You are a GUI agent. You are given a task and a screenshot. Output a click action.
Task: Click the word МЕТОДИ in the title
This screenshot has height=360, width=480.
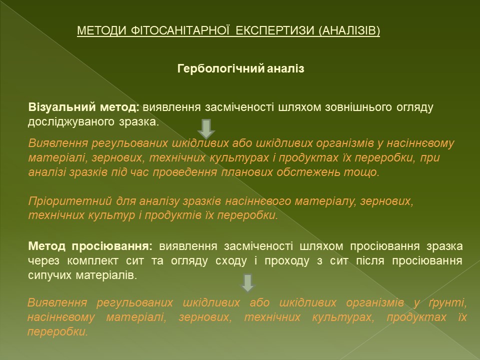click(x=101, y=30)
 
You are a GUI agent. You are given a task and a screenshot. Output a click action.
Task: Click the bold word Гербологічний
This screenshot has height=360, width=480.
click(x=220, y=68)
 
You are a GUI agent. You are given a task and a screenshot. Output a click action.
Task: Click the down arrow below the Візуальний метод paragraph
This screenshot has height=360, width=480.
click(x=206, y=129)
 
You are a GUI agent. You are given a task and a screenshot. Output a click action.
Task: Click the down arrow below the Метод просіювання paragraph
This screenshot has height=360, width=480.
click(x=247, y=283)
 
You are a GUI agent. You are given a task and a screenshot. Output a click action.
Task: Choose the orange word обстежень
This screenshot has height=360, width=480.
click(x=308, y=172)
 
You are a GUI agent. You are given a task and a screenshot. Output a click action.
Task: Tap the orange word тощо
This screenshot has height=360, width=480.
click(x=362, y=172)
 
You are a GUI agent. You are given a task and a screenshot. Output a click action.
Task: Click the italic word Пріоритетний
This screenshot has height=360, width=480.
click(x=70, y=201)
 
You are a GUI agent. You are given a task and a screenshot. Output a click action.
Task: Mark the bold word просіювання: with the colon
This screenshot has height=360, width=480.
click(x=112, y=246)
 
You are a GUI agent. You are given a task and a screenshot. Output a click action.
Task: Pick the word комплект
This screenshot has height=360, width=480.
click(x=92, y=261)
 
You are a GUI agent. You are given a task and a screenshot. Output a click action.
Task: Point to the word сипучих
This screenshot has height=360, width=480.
click(x=49, y=275)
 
